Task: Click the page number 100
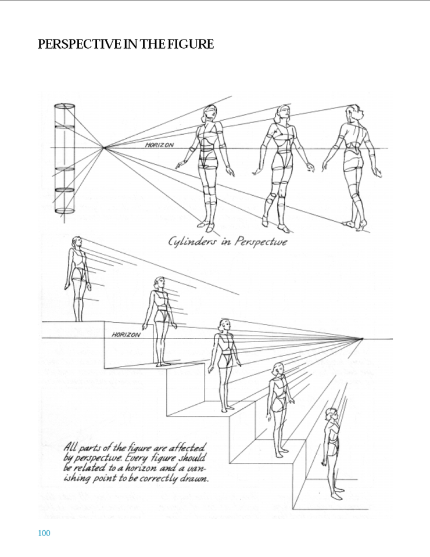tap(44, 533)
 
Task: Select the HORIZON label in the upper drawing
tap(160, 145)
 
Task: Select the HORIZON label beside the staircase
tap(126, 335)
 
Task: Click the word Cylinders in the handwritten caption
tap(192, 242)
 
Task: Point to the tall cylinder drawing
tap(64, 159)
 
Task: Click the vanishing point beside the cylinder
tap(103, 147)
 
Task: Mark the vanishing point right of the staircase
tap(362, 339)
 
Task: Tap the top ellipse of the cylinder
tap(64, 106)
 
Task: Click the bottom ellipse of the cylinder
tap(64, 211)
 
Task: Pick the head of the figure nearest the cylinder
tap(210, 113)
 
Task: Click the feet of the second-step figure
tap(164, 364)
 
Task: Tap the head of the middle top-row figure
tap(282, 113)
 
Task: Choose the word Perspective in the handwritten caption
tap(260, 242)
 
